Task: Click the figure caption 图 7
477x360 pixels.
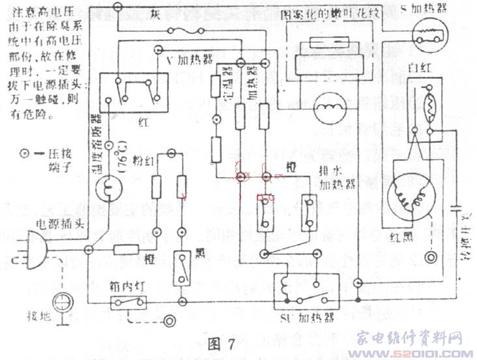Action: (221, 344)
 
